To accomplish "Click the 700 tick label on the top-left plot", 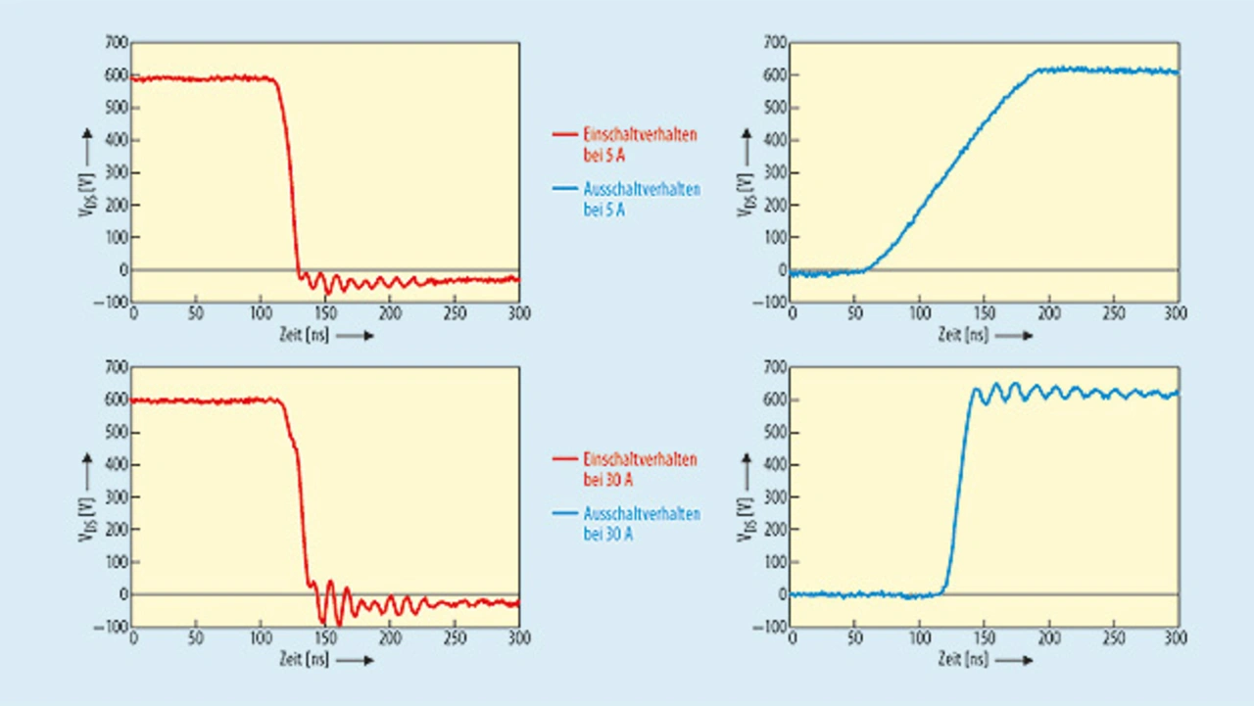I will pyautogui.click(x=117, y=42).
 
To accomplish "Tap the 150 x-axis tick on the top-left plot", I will pyautogui.click(x=325, y=312).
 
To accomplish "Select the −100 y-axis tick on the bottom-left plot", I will pyautogui.click(x=114, y=627).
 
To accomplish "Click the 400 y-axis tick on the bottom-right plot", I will pyautogui.click(x=775, y=465).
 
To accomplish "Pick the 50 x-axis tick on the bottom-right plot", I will pyautogui.click(x=856, y=637).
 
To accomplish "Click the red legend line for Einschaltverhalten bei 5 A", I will pyautogui.click(x=565, y=135).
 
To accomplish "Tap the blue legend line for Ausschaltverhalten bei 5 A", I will pyautogui.click(x=565, y=189).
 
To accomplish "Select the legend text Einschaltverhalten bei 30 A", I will pyautogui.click(x=640, y=468).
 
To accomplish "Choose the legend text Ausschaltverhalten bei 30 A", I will pyautogui.click(x=642, y=523).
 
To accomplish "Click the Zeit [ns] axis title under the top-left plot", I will pyautogui.click(x=304, y=335).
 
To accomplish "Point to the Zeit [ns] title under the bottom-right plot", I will pyautogui.click(x=962, y=660).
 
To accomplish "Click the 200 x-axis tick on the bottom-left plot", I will pyautogui.click(x=390, y=637).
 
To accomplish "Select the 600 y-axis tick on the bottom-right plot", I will pyautogui.click(x=775, y=400).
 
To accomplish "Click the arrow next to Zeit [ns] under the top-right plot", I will pyautogui.click(x=1018, y=335).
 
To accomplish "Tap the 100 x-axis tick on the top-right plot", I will pyautogui.click(x=920, y=312).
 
